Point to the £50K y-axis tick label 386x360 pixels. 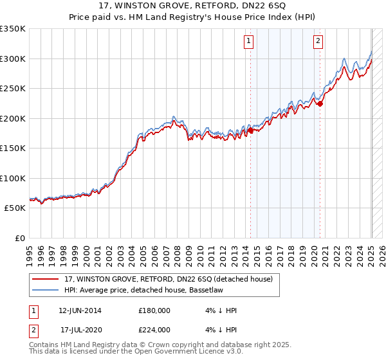click(x=14, y=208)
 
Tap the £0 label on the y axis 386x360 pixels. click(x=20, y=239)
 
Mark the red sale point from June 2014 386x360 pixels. click(x=250, y=130)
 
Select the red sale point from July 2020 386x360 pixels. click(x=320, y=104)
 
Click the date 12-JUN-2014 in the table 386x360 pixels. click(x=80, y=310)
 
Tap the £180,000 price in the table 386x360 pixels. click(x=154, y=310)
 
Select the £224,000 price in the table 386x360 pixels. click(x=154, y=330)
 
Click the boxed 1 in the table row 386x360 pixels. click(x=33, y=310)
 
